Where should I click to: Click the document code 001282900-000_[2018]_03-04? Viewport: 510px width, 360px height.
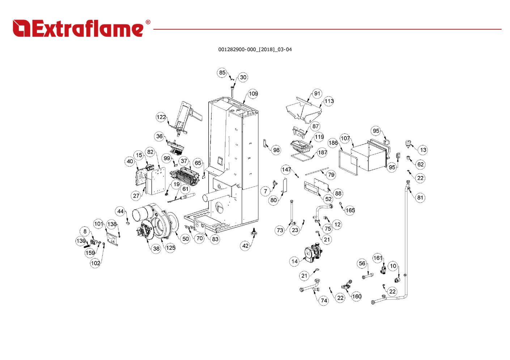coord(255,50)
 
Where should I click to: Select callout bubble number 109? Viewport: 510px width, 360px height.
coord(253,94)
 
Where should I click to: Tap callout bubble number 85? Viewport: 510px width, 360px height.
coord(222,73)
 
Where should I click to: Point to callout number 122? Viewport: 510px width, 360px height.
coord(161,117)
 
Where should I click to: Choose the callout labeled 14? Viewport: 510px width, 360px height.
coord(294,261)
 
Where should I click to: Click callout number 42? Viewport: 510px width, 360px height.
coord(245,246)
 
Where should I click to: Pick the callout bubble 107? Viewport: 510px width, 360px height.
coord(345,138)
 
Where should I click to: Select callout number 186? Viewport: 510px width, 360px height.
coord(333,143)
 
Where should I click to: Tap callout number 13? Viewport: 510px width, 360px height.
coord(423,150)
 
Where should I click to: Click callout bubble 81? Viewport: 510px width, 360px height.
coord(420,197)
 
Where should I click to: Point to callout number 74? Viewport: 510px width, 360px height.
coord(324,301)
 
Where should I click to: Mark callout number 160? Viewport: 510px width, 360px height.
coord(357,296)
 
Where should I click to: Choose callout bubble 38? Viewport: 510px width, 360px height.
coord(156,249)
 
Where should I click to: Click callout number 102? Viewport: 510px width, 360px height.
coord(95,263)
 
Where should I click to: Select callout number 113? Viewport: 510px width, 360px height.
coord(329,101)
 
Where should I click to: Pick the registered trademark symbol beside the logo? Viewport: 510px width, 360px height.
coord(148,22)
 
